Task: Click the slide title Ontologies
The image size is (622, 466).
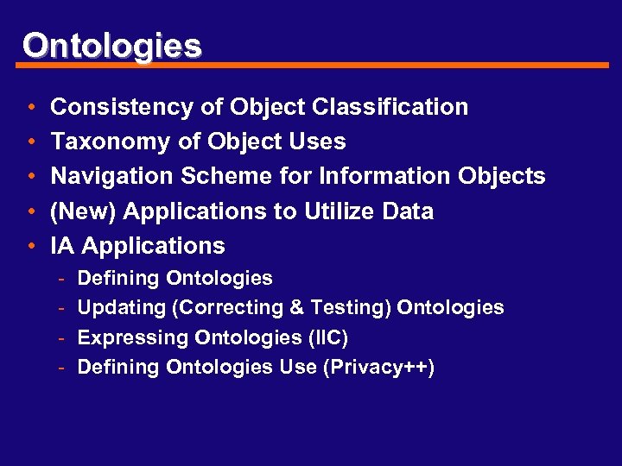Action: click(x=112, y=45)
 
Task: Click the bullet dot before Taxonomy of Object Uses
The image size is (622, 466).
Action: click(x=31, y=142)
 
